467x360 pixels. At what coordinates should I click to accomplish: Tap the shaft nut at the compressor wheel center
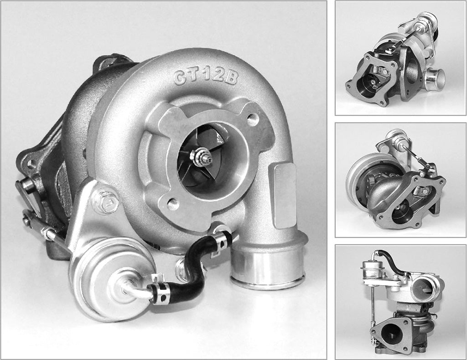point(201,158)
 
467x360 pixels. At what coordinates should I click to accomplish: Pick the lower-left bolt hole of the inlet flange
point(174,204)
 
